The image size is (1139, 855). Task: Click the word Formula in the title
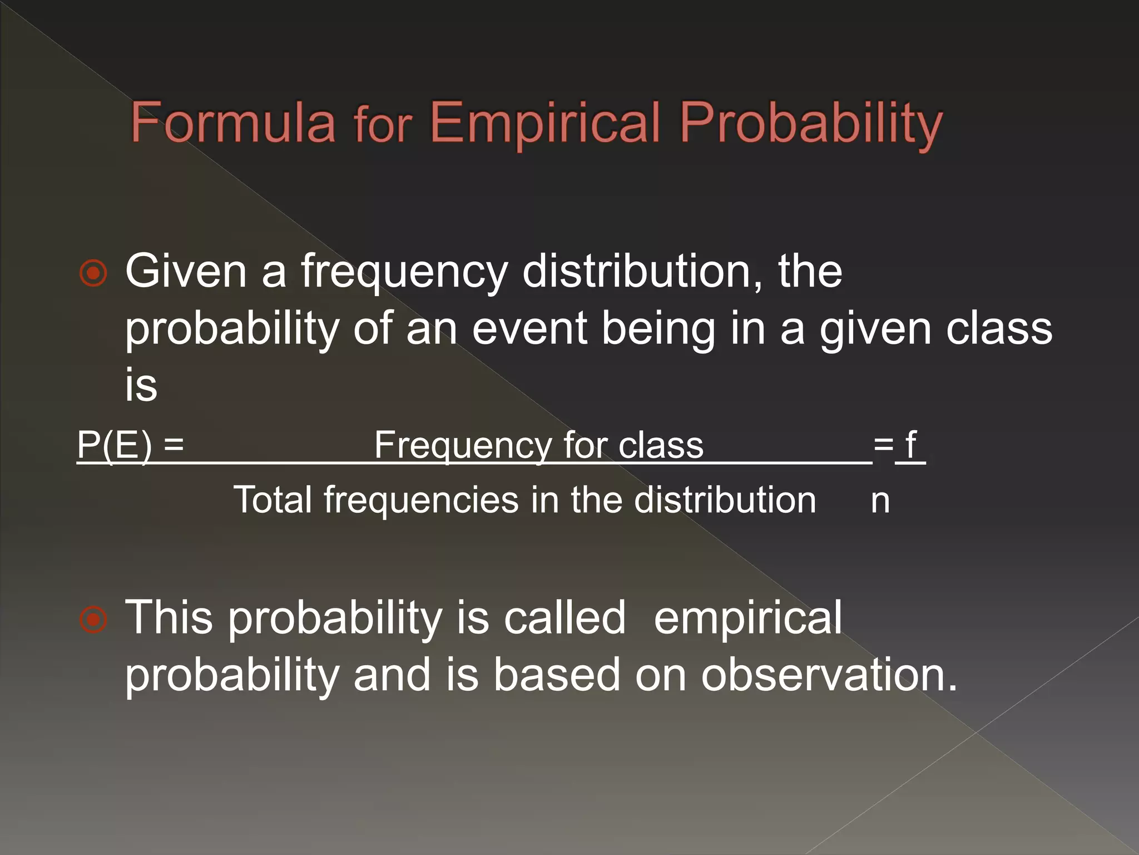(x=233, y=122)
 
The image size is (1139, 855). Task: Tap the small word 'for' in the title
(x=383, y=125)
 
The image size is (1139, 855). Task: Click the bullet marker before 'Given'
(x=93, y=273)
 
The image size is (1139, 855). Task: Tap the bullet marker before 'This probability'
(x=93, y=620)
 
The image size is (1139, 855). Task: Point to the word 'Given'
(x=186, y=271)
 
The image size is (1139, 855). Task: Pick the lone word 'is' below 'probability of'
(x=141, y=385)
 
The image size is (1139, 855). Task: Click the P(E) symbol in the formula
(x=114, y=445)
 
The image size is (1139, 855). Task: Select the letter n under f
(x=880, y=500)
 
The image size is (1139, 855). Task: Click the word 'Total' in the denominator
(x=273, y=499)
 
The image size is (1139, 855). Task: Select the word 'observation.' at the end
(x=829, y=674)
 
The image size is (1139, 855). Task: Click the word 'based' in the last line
(x=557, y=674)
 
